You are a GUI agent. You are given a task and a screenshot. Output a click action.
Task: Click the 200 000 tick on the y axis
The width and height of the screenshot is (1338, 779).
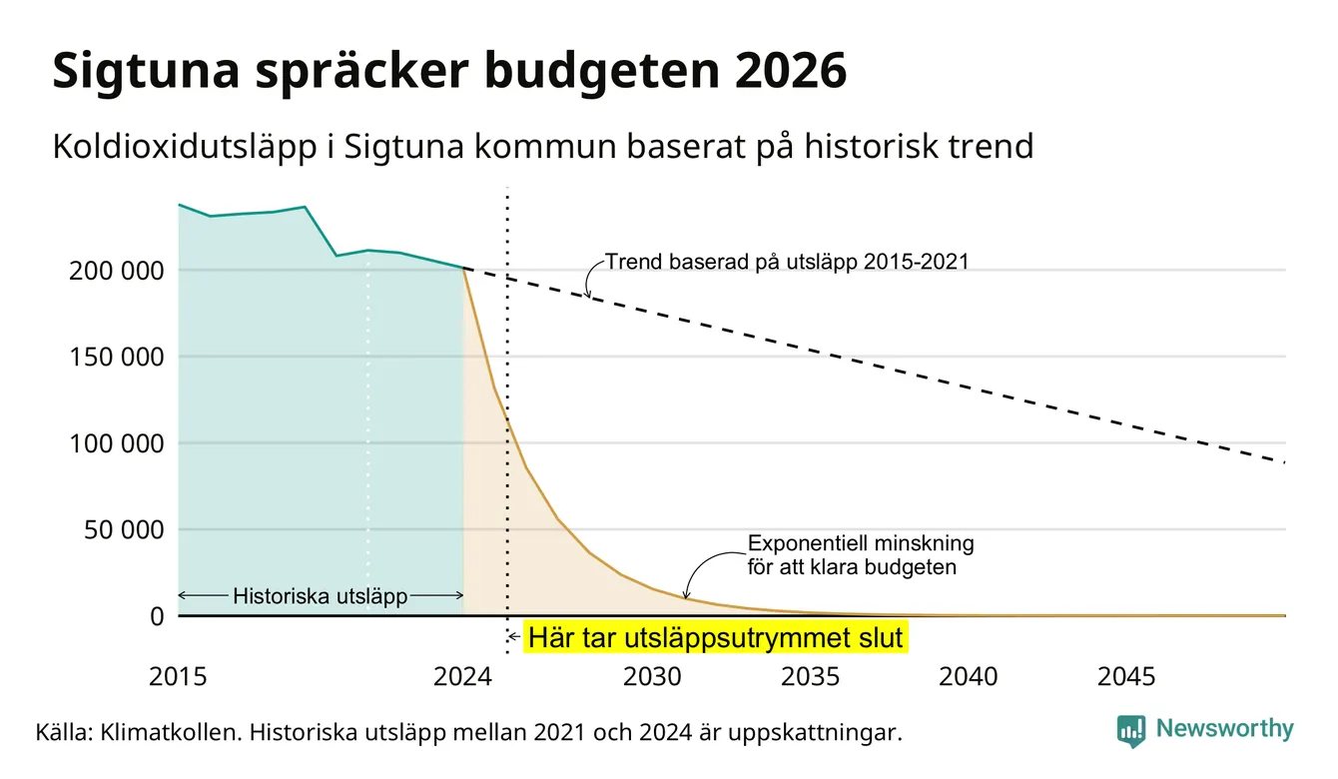coord(117,272)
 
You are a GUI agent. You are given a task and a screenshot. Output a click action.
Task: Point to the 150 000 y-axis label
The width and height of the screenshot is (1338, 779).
coord(117,358)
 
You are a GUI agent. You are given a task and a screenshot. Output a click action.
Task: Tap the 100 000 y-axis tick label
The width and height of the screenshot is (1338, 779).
coord(117,443)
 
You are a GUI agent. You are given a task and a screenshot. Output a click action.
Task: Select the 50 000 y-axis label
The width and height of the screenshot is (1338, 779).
coord(124,530)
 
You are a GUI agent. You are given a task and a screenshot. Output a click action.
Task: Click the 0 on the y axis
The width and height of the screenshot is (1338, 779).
coord(157,616)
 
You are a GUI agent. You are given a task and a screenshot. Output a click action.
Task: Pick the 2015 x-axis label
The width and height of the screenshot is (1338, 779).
coord(178,677)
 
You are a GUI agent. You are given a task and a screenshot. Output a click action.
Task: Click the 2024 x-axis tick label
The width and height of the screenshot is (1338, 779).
coord(462,677)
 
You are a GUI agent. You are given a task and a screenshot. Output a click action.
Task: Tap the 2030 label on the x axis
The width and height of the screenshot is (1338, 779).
coord(652,677)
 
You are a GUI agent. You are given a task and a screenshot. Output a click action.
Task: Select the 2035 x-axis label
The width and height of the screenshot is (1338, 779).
coord(811,677)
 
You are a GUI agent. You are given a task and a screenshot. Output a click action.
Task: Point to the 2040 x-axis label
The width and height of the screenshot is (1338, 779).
coord(969,677)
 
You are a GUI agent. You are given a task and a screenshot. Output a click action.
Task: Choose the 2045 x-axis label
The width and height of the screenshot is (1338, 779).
coord(1126,677)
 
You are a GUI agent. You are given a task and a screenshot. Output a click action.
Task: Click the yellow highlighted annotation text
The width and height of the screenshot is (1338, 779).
coord(716,637)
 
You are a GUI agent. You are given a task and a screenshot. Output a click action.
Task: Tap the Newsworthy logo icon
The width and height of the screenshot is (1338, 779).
coord(1131,731)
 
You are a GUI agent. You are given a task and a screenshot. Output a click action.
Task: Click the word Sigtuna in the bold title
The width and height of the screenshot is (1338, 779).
coord(147,72)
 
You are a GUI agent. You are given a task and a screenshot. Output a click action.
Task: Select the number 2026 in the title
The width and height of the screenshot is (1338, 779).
coord(790,71)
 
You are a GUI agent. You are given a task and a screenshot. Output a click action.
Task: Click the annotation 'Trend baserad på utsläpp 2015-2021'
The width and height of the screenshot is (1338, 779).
coord(787,263)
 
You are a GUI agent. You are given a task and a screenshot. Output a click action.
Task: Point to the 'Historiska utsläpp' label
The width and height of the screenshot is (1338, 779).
coord(321,596)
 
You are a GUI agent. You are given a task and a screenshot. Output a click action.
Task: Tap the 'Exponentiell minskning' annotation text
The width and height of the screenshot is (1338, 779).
coord(861,543)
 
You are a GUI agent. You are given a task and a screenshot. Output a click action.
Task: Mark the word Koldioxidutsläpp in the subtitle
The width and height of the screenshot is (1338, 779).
coord(185,147)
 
